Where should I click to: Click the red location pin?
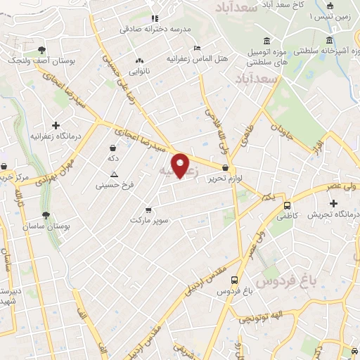point(181,165)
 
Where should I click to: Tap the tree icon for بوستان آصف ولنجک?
point(42,50)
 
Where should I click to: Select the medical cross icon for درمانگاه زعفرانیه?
point(56,125)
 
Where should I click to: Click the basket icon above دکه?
point(112,148)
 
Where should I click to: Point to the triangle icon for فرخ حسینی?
point(115,174)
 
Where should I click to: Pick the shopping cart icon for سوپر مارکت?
point(148,210)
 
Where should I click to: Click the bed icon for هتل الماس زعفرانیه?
point(198,45)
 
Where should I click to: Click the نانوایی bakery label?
point(138,70)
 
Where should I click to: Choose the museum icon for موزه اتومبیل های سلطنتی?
point(266,41)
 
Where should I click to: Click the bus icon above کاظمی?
point(288,206)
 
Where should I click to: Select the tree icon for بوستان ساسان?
point(46,216)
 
